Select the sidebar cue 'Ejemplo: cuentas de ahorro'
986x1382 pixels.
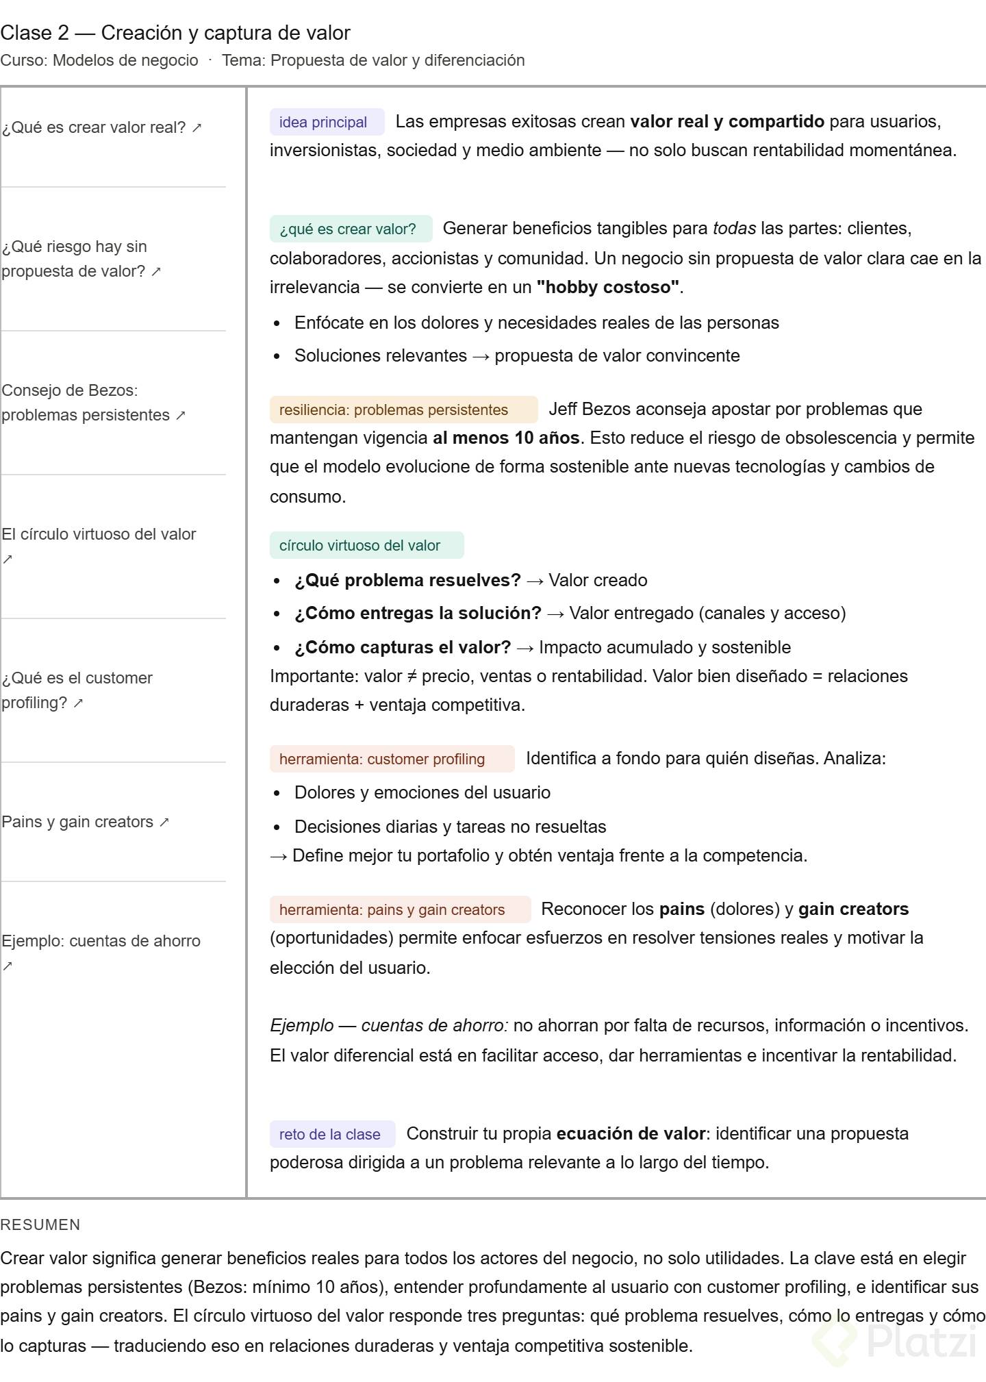(x=101, y=942)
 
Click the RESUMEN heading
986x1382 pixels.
(x=40, y=1225)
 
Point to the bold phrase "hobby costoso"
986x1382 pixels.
(x=608, y=288)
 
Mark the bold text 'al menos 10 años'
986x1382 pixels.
(x=506, y=438)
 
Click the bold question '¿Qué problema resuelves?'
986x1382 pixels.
(x=407, y=581)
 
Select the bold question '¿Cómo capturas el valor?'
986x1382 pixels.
(x=403, y=648)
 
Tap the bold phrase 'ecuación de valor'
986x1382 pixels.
(x=631, y=1134)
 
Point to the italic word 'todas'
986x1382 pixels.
(x=734, y=229)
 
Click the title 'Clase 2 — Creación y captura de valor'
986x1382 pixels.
(x=175, y=33)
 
